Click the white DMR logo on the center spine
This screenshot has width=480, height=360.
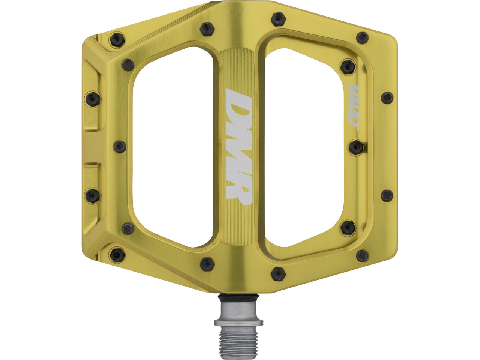pyautogui.click(x=238, y=147)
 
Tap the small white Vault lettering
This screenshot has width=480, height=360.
pyautogui.click(x=354, y=108)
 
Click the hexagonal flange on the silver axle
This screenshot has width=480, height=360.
pyautogui.click(x=238, y=322)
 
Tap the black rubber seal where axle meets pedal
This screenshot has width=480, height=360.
pyautogui.click(x=238, y=298)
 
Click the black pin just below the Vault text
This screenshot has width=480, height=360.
pyautogui.click(x=356, y=147)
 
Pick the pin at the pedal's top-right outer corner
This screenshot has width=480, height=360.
pyautogui.click(x=362, y=37)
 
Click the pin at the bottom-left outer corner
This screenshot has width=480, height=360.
pyautogui.click(x=117, y=255)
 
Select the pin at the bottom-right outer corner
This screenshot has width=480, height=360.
pyautogui.click(x=362, y=256)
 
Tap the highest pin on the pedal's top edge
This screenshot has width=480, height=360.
pyautogui.click(x=278, y=19)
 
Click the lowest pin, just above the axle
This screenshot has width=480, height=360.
pyautogui.click(x=278, y=274)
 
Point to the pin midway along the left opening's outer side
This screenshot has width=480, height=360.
pyautogui.click(x=120, y=147)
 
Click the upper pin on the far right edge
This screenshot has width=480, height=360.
pyautogui.click(x=387, y=98)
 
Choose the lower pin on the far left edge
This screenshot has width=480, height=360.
pyautogui.click(x=92, y=196)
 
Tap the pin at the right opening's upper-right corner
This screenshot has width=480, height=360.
pyautogui.click(x=348, y=67)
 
